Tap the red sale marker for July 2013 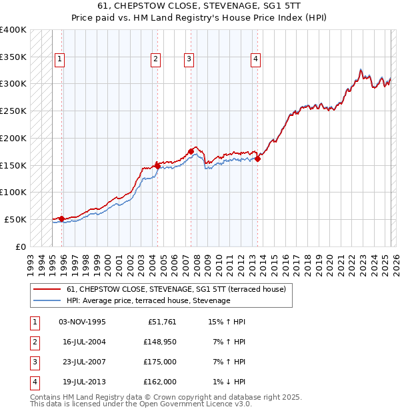tap(257, 159)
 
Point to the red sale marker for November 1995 tap(61, 218)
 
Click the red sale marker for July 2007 tap(191, 151)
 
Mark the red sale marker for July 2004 tap(157, 165)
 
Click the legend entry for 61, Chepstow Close tap(176, 289)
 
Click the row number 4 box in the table tap(34, 382)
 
